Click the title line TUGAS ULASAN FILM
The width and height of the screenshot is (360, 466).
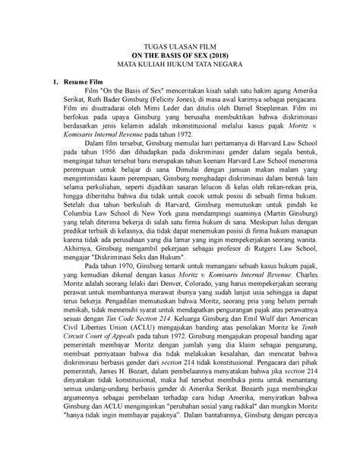click(180, 46)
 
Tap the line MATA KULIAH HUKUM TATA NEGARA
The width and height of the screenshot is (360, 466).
click(180, 66)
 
